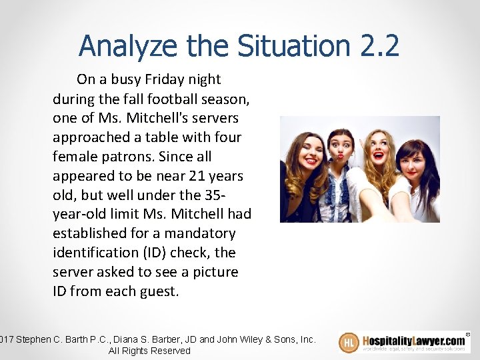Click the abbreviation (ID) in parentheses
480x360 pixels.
[158, 253]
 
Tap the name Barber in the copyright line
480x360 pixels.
[147, 339]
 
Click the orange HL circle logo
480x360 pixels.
[349, 343]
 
